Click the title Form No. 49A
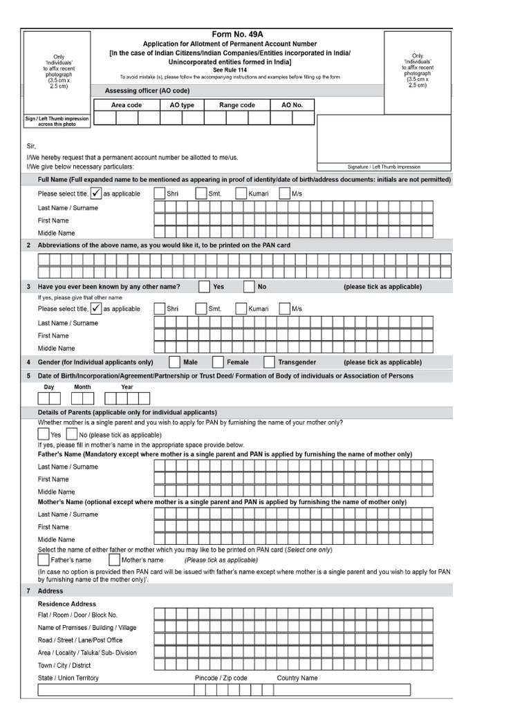(237, 34)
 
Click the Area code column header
(127, 105)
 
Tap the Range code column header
(237, 105)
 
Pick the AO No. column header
(292, 105)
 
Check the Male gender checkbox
(175, 362)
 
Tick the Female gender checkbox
(218, 362)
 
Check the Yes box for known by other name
(204, 286)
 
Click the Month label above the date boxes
(82, 387)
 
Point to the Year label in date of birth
(127, 387)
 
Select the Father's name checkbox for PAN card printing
(44, 559)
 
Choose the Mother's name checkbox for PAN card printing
(114, 559)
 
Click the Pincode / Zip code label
(221, 678)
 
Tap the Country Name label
(297, 678)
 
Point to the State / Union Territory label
(68, 678)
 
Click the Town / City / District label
(64, 665)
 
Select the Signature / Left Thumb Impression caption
(383, 167)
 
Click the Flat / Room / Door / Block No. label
(77, 615)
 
